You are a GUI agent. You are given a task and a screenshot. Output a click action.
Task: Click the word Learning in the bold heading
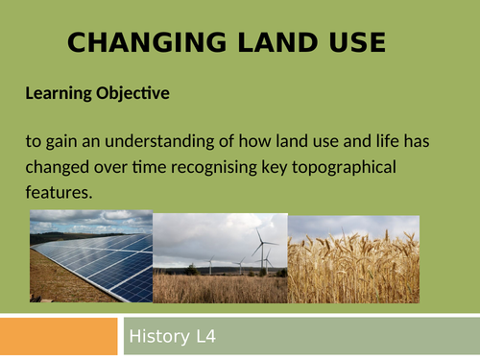[x=56, y=94]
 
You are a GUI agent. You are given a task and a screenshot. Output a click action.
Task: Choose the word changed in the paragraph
[x=60, y=167]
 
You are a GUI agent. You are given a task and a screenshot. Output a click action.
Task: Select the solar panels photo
[x=91, y=264]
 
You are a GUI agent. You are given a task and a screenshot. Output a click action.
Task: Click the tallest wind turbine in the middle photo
[x=259, y=252]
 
